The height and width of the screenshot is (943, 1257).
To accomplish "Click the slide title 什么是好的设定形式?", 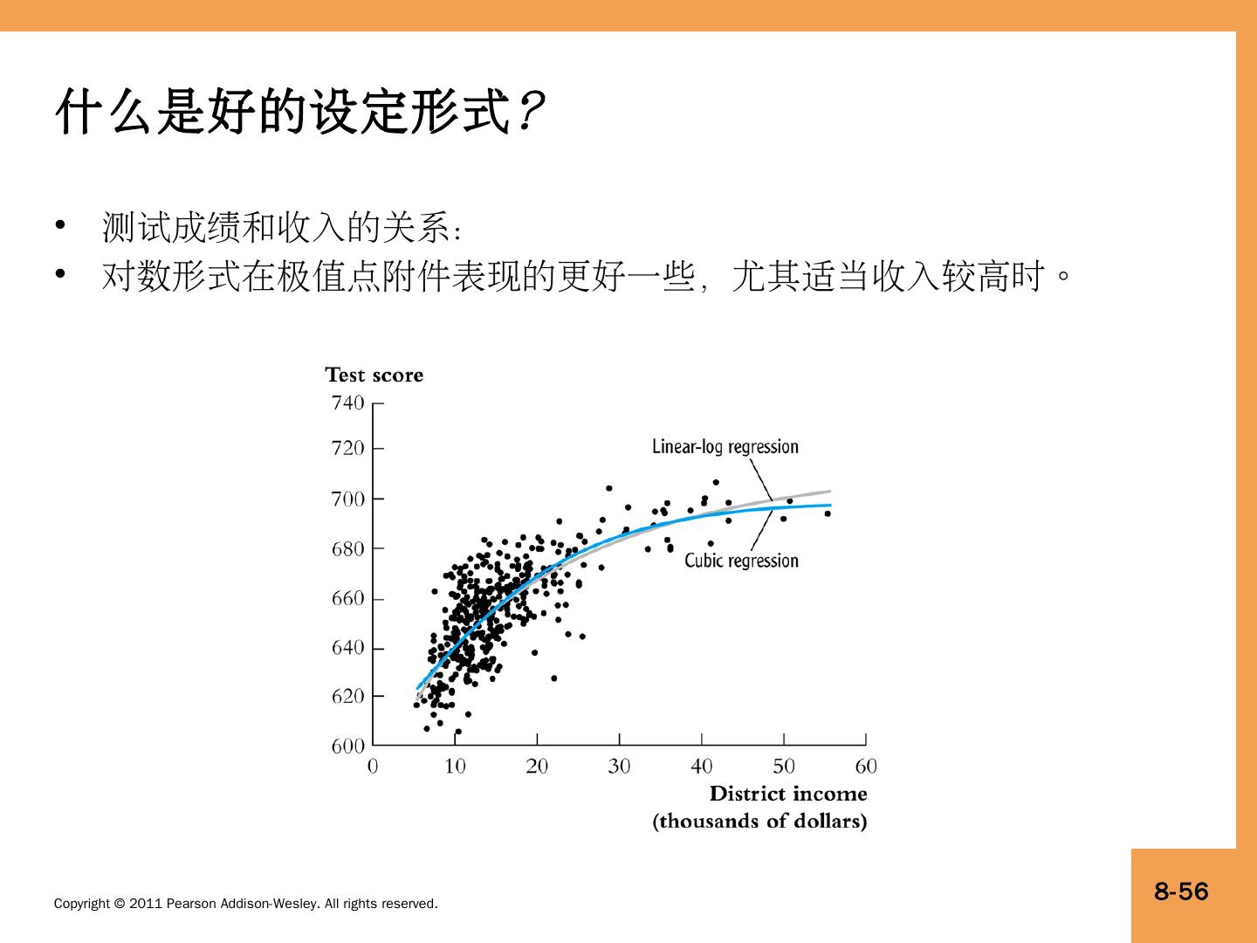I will tap(301, 112).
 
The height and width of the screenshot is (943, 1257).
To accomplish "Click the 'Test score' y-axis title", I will tap(374, 375).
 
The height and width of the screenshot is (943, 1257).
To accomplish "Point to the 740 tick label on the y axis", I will tap(347, 403).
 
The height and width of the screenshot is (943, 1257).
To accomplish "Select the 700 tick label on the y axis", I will tap(347, 499).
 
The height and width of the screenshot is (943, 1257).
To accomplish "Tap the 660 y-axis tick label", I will tap(347, 599).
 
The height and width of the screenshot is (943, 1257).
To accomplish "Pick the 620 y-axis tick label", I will tap(347, 697).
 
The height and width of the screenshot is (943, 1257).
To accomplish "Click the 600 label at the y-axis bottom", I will tap(347, 747).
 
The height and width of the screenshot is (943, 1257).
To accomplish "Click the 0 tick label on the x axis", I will tap(373, 767).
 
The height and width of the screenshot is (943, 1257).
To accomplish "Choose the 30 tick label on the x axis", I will tap(619, 767).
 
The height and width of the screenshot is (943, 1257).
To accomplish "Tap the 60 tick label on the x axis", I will tap(866, 767).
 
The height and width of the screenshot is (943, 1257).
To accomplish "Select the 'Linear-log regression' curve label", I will tap(725, 447).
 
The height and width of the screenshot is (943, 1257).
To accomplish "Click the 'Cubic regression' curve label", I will tap(741, 561).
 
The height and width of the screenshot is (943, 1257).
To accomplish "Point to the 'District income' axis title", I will tap(787, 794).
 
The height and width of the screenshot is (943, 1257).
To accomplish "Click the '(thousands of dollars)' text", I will tap(759, 822).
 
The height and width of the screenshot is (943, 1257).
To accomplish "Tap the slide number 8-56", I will tap(1181, 891).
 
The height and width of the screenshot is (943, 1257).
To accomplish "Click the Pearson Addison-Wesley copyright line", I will tap(245, 904).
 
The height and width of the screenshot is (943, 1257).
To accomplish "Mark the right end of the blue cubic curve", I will tap(829, 505).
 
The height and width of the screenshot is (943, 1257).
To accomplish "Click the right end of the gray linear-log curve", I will tap(829, 491).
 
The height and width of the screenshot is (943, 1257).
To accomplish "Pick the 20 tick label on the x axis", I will tap(537, 767).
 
